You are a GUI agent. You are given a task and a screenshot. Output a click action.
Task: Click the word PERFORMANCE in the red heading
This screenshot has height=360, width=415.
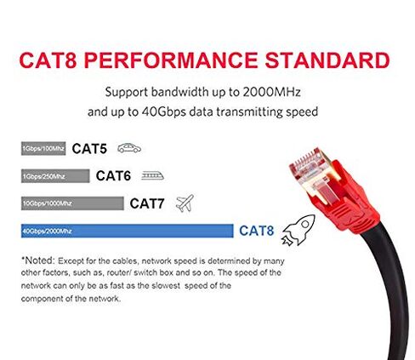pyautogui.click(x=171, y=60)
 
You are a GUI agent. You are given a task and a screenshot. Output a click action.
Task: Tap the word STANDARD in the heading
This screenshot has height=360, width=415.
pyautogui.click(x=327, y=60)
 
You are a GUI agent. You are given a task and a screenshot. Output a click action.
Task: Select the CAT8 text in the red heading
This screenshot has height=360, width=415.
pyautogui.click(x=48, y=60)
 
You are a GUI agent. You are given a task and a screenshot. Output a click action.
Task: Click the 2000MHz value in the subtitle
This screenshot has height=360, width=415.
pyautogui.click(x=271, y=92)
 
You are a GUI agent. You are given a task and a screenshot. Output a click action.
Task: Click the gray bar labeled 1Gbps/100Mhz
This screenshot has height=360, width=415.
pyautogui.click(x=43, y=148)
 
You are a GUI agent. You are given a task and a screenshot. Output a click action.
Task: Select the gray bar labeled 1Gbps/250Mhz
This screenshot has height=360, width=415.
pyautogui.click(x=55, y=176)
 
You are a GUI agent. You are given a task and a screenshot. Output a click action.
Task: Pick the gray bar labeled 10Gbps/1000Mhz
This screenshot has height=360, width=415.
pyautogui.click(x=72, y=203)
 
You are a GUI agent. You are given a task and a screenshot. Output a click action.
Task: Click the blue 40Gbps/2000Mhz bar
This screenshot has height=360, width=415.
pyautogui.click(x=127, y=231)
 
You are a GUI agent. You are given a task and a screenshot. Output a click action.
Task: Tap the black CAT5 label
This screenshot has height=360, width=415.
pyautogui.click(x=89, y=149)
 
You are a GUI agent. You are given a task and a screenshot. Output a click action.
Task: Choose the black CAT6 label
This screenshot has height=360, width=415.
pyautogui.click(x=113, y=176)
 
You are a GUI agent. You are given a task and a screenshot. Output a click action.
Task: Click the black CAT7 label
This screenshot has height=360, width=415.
pyautogui.click(x=147, y=203)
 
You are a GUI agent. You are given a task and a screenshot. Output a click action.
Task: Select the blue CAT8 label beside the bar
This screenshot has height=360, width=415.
pyautogui.click(x=257, y=231)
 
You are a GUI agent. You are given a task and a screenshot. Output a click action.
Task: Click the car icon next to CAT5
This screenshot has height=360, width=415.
pyautogui.click(x=129, y=148)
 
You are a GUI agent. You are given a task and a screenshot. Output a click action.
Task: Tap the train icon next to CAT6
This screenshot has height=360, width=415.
pyautogui.click(x=152, y=176)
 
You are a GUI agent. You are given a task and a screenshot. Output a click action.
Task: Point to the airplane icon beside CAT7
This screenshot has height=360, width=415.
pyautogui.click(x=185, y=203)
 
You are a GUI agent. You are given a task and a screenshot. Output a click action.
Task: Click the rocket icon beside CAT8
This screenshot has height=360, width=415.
pyautogui.click(x=298, y=230)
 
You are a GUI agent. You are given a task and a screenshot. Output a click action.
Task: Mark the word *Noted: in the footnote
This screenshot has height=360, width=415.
pyautogui.click(x=37, y=260)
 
